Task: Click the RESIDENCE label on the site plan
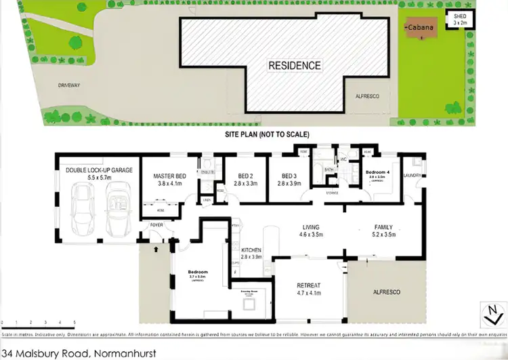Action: [x=295, y=66]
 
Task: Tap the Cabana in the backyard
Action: [x=417, y=28]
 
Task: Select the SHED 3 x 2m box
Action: [x=460, y=19]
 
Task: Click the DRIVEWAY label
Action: [x=68, y=85]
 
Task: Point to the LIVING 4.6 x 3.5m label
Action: [x=312, y=232]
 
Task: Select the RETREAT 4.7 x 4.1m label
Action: [x=311, y=290]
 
